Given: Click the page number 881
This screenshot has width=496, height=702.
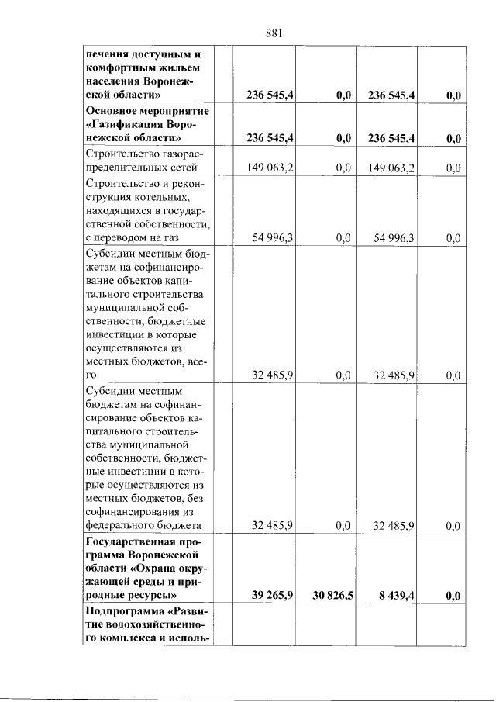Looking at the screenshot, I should tap(277, 33).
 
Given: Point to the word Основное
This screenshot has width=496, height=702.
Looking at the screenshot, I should tap(109, 110).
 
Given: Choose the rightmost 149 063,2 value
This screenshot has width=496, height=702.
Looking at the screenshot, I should tap(391, 167).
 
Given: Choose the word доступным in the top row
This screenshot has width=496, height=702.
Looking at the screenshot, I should tap(159, 54).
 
